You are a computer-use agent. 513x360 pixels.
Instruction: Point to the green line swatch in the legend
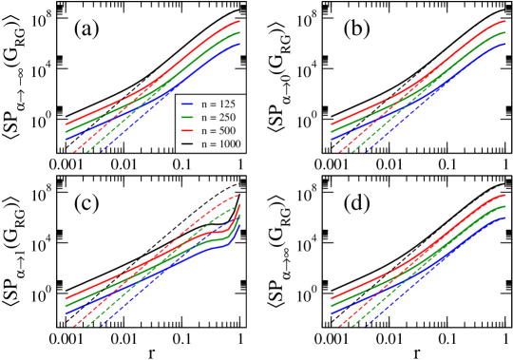coord(188,116)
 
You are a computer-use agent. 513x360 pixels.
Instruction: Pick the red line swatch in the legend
coord(188,130)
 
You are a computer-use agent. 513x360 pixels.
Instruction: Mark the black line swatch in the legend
coord(188,144)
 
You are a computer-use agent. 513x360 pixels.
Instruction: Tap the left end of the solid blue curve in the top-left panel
coord(66,139)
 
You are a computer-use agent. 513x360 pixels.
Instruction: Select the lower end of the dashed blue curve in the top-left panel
coord(101,151)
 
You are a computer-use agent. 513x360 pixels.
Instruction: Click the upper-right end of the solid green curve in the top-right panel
coord(504,32)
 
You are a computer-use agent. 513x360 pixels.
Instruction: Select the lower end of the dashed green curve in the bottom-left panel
coord(84,326)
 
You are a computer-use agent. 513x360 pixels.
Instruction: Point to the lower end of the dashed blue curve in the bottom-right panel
coord(367,326)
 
